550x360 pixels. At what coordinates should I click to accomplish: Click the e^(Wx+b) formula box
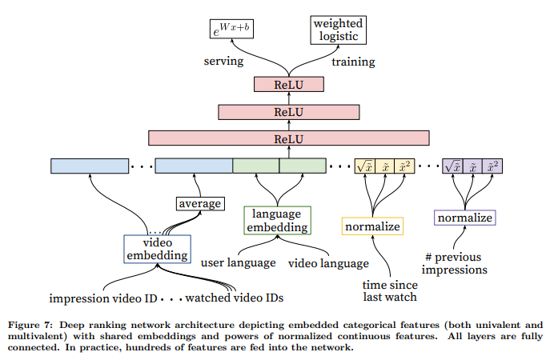(231, 29)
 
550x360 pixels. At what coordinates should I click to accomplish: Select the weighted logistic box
(339, 30)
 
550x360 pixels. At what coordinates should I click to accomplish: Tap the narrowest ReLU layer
(289, 85)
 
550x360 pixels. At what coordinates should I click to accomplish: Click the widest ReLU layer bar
(289, 138)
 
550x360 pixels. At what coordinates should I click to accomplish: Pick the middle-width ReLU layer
(289, 112)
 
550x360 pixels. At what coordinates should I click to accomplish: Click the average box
(200, 203)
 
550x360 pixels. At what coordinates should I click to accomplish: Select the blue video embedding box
(157, 249)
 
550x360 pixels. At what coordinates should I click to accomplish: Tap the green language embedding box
(277, 220)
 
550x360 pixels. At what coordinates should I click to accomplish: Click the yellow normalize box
(372, 226)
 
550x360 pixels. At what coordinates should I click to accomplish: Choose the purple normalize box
(465, 218)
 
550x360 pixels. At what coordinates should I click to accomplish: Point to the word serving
(223, 61)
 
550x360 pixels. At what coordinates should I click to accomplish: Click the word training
(353, 62)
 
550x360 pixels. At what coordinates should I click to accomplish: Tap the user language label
(238, 262)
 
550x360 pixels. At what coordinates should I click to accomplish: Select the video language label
(328, 263)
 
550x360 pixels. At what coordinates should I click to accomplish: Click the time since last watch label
(390, 290)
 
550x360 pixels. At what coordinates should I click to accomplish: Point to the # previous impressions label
(454, 263)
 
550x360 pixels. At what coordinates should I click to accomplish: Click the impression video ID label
(103, 298)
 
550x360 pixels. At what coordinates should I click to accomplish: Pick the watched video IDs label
(235, 298)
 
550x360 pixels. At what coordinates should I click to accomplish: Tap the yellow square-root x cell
(365, 166)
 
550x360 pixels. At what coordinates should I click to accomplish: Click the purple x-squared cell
(492, 166)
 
